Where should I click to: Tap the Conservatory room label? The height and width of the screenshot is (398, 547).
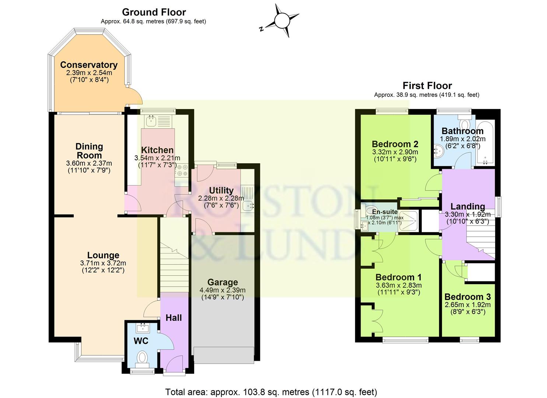[x=89, y=65]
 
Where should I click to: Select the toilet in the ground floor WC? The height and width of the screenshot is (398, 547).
[x=142, y=357]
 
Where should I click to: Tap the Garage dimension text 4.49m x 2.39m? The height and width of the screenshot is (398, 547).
[x=222, y=290]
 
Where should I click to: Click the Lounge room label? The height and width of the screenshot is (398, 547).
[x=103, y=255]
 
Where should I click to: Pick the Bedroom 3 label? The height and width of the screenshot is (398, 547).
[x=467, y=297]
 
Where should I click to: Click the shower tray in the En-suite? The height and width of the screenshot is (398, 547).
[x=409, y=221]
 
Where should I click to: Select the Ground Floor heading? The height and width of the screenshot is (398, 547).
[x=154, y=12]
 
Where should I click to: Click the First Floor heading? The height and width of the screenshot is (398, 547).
[x=427, y=85]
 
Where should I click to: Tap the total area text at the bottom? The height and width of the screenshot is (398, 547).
[x=271, y=392]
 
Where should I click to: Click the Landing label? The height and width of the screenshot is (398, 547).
[x=467, y=206]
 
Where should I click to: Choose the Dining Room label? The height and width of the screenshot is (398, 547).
[x=89, y=151]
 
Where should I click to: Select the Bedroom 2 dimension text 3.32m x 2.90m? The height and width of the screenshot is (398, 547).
[x=395, y=152]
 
